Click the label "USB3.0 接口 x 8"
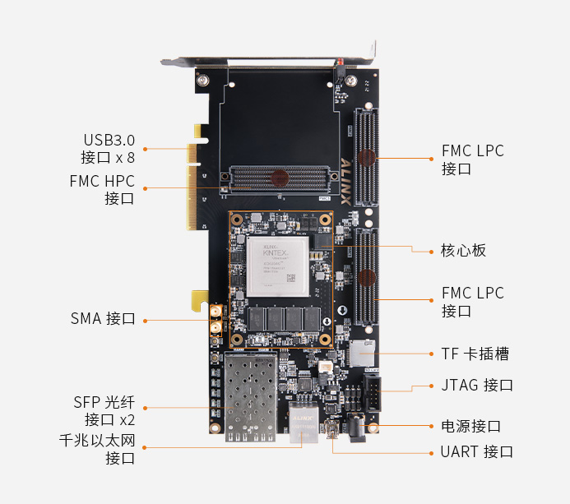(x=108, y=148)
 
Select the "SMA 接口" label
(x=103, y=319)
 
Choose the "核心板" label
(x=464, y=250)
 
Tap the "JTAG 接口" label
(x=476, y=385)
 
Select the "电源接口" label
(x=470, y=426)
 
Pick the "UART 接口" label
(x=476, y=451)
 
